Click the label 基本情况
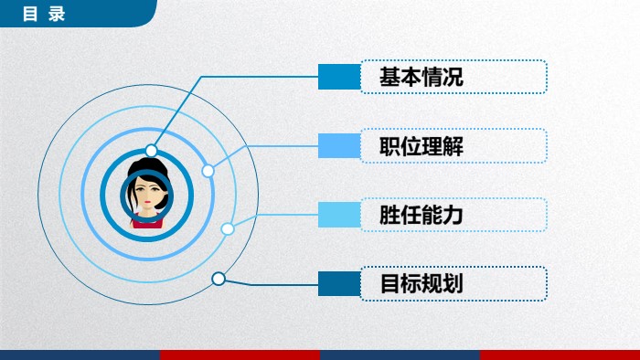[421, 78]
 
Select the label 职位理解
[421, 146]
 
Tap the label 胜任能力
[421, 216]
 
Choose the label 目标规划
[421, 284]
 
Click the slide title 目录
[44, 14]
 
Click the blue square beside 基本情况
[339, 78]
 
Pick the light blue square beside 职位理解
[339, 146]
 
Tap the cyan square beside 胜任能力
[339, 216]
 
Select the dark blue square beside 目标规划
[339, 284]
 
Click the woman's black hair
[146, 169]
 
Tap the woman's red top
[146, 220]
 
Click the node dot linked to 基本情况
[152, 151]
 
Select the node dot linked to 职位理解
[208, 171]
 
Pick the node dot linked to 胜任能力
[228, 228]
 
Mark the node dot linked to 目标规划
[219, 279]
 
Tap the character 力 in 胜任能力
[453, 216]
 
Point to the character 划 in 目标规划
[453, 284]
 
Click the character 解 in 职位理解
[453, 146]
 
